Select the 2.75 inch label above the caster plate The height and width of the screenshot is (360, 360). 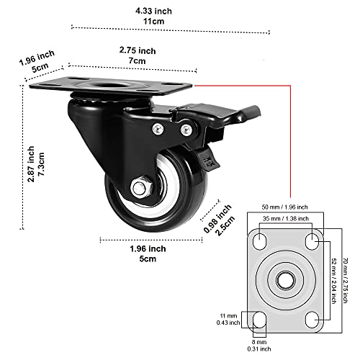click(x=138, y=50)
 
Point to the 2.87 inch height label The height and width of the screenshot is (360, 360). click(x=31, y=165)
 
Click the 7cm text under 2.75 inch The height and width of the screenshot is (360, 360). click(x=138, y=62)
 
